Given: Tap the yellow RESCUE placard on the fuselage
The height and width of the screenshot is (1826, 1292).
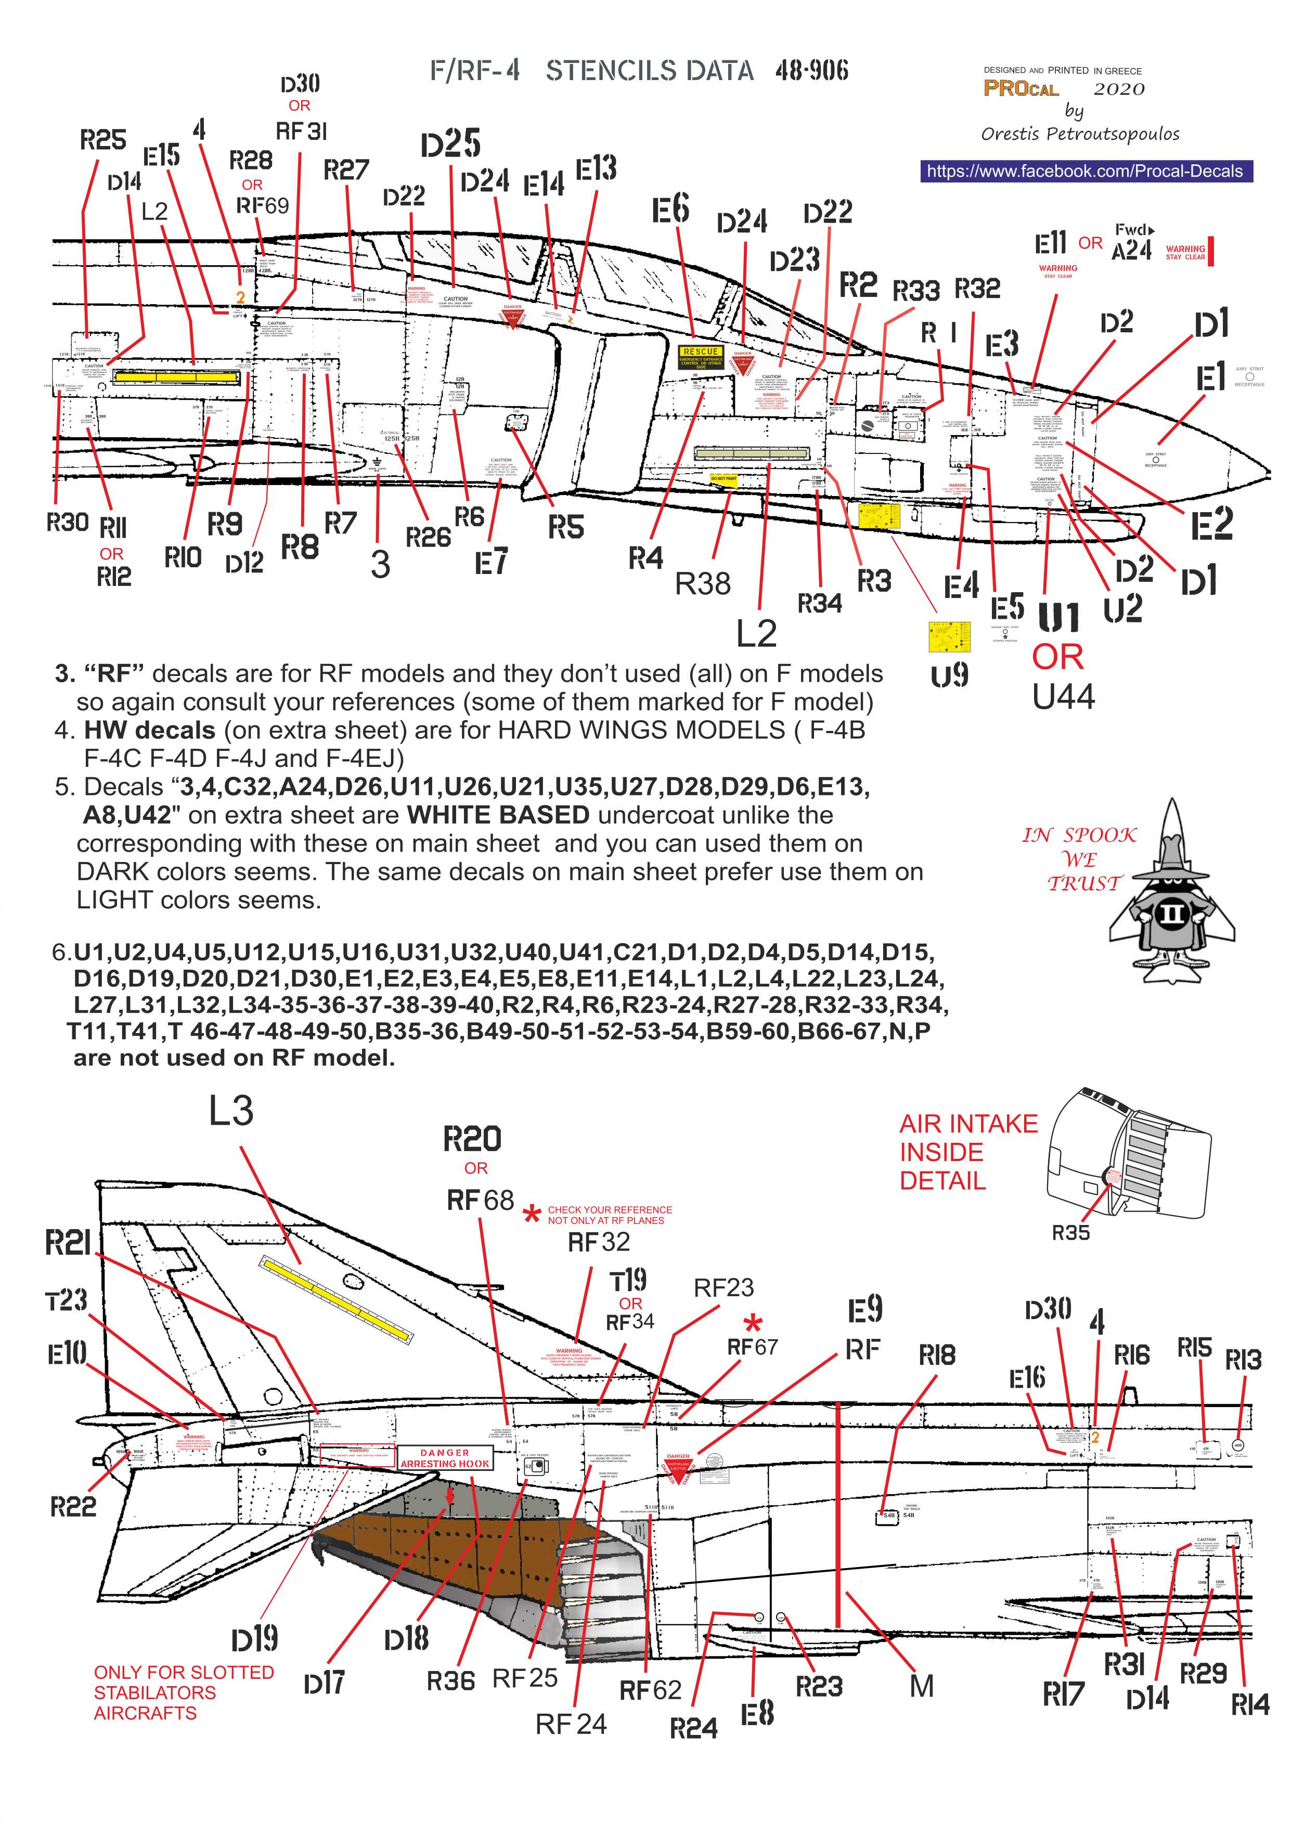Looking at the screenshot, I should [700, 351].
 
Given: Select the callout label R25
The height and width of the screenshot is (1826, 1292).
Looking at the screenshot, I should [102, 141].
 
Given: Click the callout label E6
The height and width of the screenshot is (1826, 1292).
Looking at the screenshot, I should [670, 210].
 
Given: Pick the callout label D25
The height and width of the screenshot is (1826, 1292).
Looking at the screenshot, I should [450, 144].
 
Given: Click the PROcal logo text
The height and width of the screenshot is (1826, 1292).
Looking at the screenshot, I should [1020, 89].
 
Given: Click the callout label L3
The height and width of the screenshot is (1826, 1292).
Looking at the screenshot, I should [231, 1111].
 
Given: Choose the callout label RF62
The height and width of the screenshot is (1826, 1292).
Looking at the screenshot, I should [650, 1690].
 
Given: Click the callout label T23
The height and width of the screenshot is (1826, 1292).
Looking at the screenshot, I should [66, 1300].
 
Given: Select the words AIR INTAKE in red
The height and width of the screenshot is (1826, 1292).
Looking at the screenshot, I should [968, 1124].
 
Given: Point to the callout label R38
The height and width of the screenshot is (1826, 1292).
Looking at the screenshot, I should [703, 584].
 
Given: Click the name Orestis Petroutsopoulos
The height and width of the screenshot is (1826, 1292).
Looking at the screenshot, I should [1080, 134].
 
